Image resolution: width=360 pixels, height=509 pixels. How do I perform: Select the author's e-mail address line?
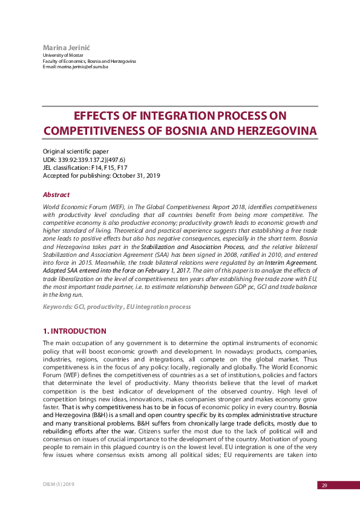tap(75, 66)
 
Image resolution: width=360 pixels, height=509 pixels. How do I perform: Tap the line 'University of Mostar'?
tap(62, 55)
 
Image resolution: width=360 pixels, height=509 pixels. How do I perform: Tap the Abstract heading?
tap(56, 195)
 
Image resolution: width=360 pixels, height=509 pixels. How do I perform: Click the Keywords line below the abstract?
tap(116, 307)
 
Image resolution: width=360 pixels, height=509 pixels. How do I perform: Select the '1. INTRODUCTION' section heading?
tap(74, 331)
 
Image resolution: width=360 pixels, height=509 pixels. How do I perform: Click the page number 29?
tap(324, 485)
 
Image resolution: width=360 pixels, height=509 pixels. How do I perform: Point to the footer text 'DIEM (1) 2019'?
tap(59, 485)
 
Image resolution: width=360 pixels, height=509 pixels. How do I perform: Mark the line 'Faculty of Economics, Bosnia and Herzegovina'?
tap(89, 61)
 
